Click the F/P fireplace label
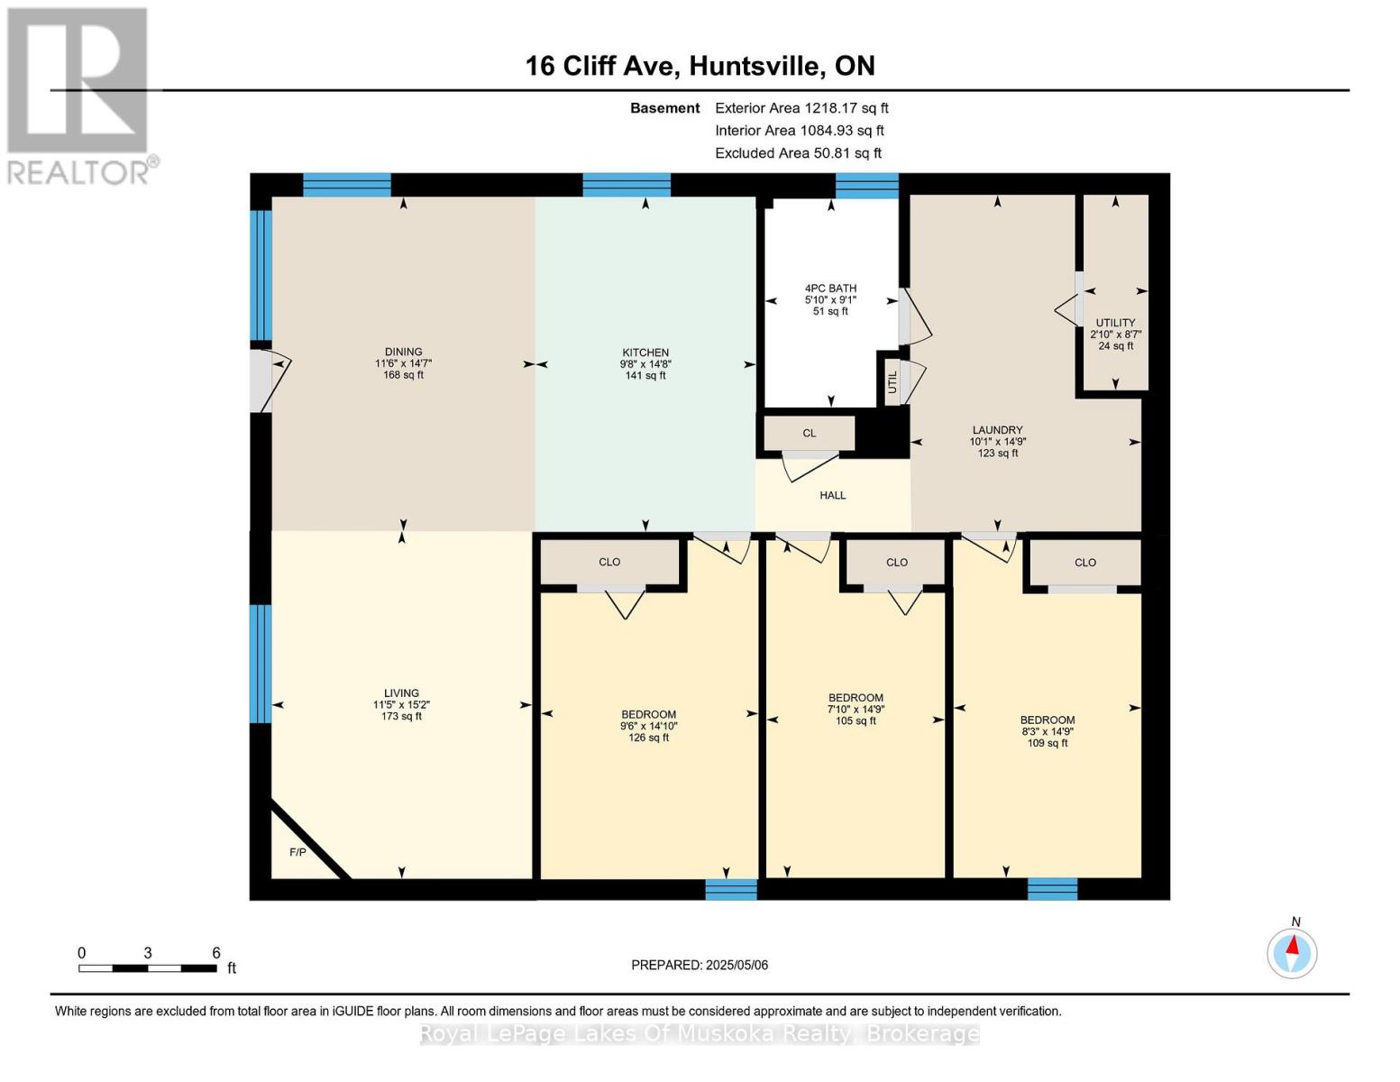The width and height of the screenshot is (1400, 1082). pos(297,852)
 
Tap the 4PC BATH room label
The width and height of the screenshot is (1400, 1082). pos(830,289)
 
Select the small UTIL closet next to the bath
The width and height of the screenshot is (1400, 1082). pos(892,381)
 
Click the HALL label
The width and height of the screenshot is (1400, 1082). pos(832,495)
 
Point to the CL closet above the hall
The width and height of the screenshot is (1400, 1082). pos(809,433)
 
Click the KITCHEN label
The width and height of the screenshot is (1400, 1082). pos(645,353)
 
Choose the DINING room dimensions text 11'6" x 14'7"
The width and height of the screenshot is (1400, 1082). pos(403,363)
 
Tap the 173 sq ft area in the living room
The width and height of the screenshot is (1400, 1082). pos(401,717)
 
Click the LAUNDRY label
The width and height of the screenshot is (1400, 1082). pos(997,430)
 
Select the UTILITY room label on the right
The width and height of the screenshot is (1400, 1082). pos(1115,323)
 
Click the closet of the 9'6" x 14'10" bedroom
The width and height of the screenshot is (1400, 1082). pos(609,562)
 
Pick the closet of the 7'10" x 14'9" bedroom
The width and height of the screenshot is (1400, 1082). pos(896,562)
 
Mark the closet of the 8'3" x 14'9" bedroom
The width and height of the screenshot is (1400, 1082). pos(1084,562)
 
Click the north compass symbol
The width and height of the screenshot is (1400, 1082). pos(1292,953)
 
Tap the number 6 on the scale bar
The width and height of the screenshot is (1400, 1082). pos(216,953)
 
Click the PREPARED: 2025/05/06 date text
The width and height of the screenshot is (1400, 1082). pos(700,965)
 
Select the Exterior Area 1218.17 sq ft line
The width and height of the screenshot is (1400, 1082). pos(801,107)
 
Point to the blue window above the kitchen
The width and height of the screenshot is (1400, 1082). pos(627,185)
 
